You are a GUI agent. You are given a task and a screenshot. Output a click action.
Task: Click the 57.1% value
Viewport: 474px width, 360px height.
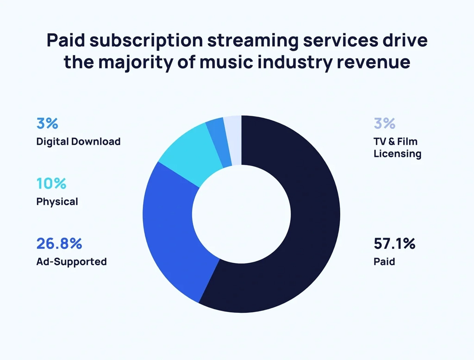tap(394, 243)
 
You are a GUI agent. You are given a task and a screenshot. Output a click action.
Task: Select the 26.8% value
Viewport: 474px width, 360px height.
tap(59, 243)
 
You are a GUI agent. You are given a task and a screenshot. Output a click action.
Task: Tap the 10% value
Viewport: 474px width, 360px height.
tap(51, 183)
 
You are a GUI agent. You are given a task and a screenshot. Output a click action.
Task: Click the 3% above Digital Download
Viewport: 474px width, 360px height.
tap(47, 124)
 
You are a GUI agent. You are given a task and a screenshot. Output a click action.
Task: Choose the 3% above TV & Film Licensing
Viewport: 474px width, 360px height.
tap(384, 124)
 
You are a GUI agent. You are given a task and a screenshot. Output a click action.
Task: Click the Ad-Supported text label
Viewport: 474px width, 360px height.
tap(71, 261)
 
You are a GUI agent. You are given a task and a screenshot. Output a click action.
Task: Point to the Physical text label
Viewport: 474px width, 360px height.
tap(57, 202)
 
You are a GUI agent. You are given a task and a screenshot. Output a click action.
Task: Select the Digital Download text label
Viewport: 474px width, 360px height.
tap(78, 142)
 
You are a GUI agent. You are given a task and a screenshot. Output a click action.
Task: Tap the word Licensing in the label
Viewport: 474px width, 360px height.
tap(397, 154)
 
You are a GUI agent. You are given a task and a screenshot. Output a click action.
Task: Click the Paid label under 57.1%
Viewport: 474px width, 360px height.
tap(384, 261)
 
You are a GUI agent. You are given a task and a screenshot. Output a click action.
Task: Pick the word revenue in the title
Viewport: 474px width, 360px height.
tap(370, 62)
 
